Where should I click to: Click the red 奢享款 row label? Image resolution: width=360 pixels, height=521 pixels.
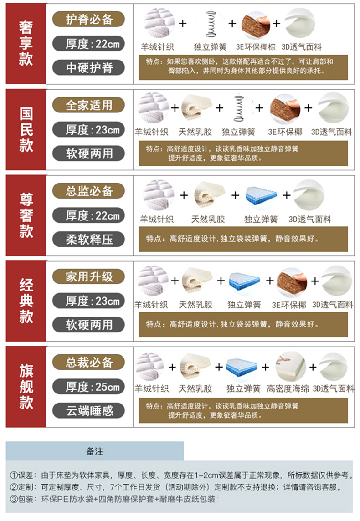point(26,44)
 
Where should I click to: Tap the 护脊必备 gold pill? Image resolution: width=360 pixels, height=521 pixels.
point(89,19)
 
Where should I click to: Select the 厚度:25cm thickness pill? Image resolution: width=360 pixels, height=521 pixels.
point(89,387)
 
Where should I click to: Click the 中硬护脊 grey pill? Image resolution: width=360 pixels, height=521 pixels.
point(89,68)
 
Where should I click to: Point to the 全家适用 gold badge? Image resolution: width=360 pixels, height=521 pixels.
point(89,105)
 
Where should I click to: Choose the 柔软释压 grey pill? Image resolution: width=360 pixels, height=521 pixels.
point(89,239)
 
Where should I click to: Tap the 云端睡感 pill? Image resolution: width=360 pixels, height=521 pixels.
point(89,411)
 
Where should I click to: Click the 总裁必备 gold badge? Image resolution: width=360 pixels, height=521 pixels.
point(89,362)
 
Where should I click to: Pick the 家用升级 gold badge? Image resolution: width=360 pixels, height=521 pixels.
point(89,276)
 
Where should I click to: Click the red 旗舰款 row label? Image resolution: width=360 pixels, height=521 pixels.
point(26,387)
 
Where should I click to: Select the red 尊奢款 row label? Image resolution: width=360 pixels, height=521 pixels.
point(26,215)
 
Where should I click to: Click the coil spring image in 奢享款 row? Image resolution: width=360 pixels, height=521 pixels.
point(211,24)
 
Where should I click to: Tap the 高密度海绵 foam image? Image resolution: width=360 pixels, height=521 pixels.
point(291,367)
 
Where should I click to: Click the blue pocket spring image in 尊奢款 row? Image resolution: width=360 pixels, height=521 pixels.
point(261,195)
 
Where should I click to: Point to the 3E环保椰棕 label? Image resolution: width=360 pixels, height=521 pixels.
point(256,47)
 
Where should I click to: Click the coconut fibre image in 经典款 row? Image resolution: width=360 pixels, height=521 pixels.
point(292,282)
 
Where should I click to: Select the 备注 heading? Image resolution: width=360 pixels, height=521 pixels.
point(95,451)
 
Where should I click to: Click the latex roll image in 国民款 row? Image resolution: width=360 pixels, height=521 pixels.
point(196,107)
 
